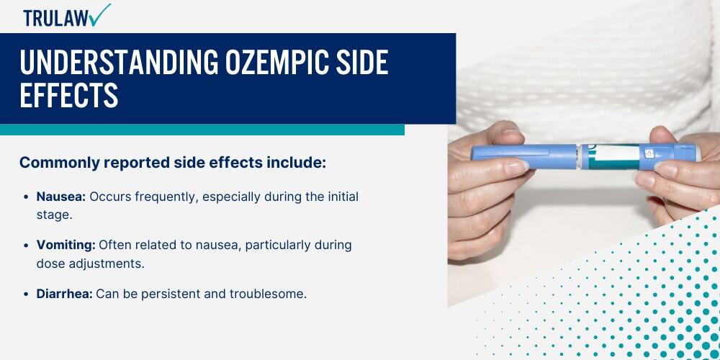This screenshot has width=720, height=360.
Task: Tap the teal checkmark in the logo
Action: (101, 14)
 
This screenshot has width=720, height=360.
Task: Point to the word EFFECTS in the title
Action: (69, 95)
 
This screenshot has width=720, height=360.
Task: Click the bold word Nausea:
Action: (61, 197)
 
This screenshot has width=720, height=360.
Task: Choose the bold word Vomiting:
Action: (66, 246)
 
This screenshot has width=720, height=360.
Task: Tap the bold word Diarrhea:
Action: (65, 294)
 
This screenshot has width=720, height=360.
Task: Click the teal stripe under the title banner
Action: (202, 130)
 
